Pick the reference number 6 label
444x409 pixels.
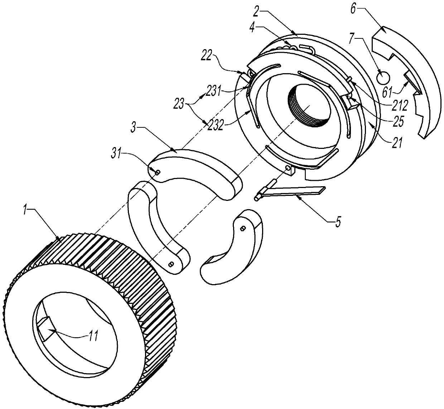point(353,10)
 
